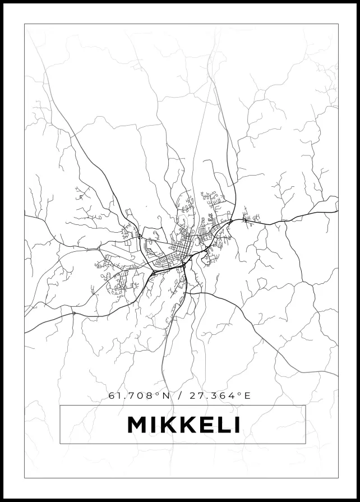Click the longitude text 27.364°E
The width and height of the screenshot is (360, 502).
click(x=215, y=395)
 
